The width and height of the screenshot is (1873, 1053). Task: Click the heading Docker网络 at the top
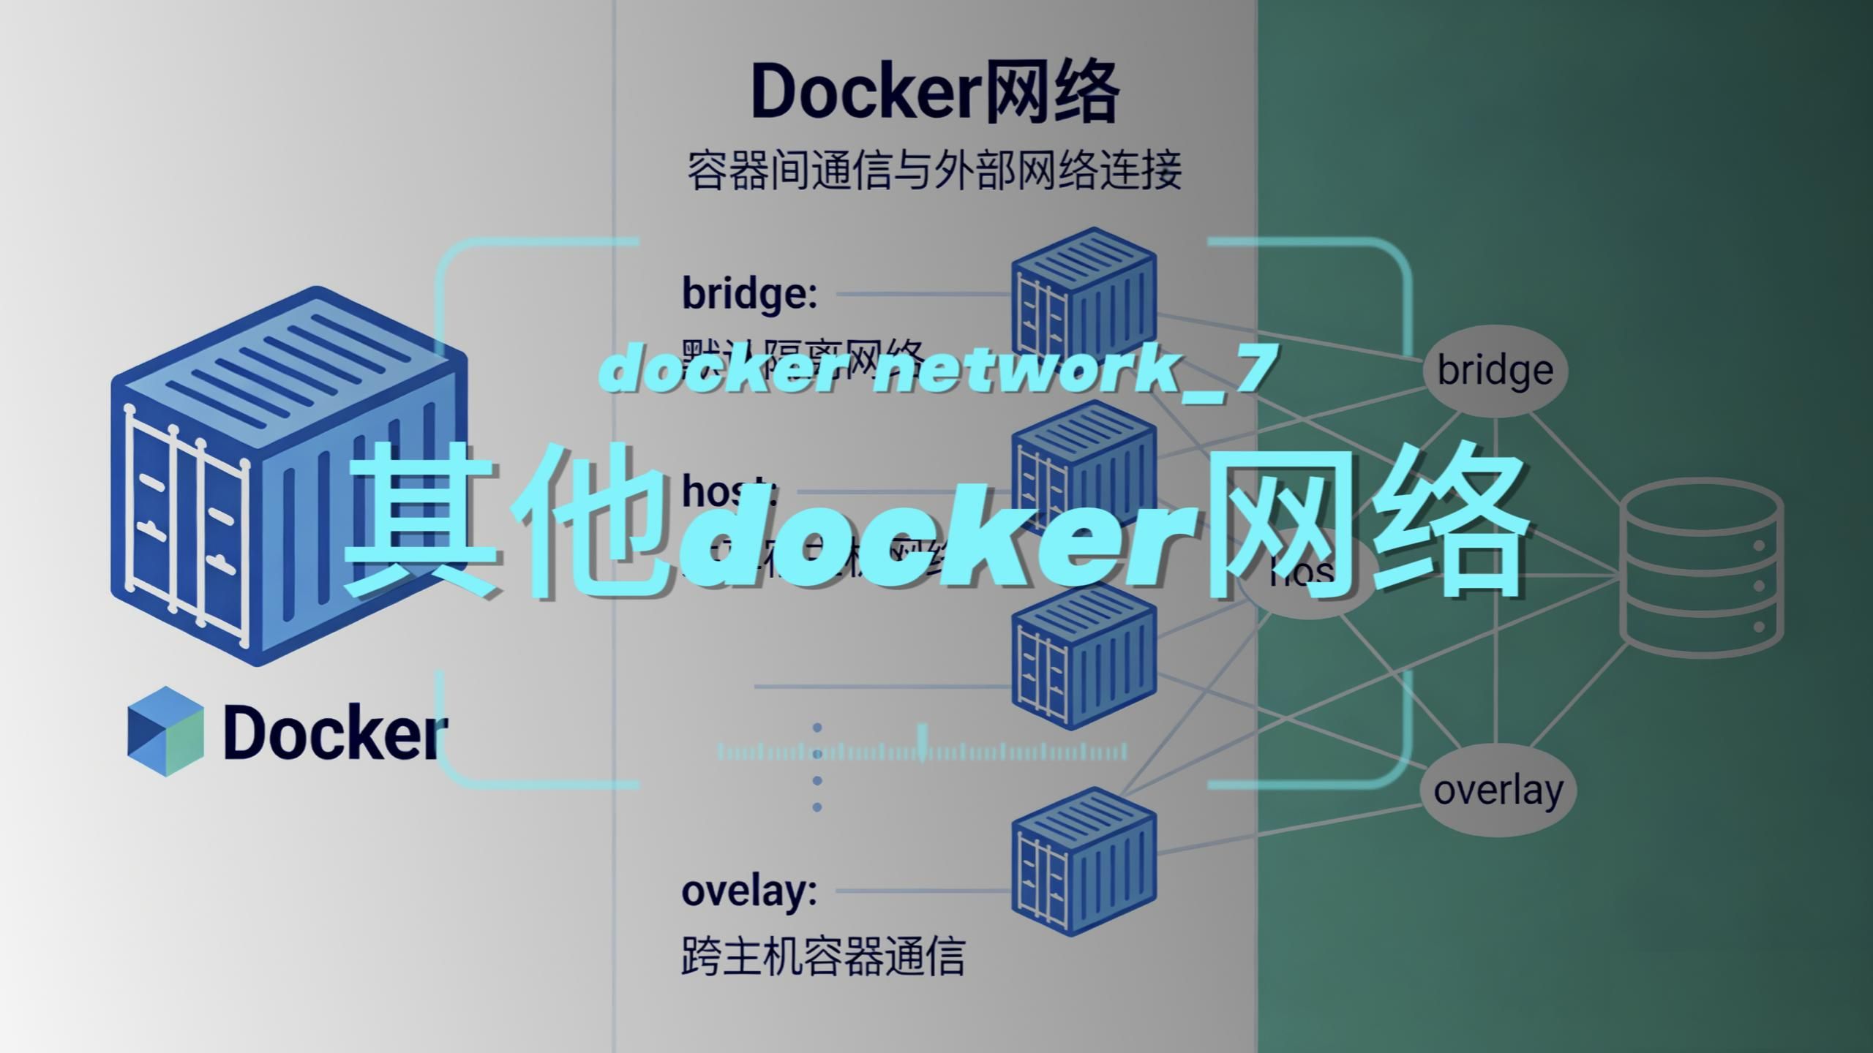[935, 94]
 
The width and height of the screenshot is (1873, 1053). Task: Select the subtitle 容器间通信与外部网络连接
[934, 171]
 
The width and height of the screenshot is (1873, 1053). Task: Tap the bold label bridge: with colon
[749, 293]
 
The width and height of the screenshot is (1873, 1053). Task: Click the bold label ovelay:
[749, 891]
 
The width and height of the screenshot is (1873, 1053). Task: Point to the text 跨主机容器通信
[822, 956]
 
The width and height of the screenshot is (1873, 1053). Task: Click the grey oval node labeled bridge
[1495, 371]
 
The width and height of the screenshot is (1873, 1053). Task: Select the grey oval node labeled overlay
[1498, 790]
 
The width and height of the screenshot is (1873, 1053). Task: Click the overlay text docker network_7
[936, 370]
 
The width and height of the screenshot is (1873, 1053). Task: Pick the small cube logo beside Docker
[165, 731]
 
